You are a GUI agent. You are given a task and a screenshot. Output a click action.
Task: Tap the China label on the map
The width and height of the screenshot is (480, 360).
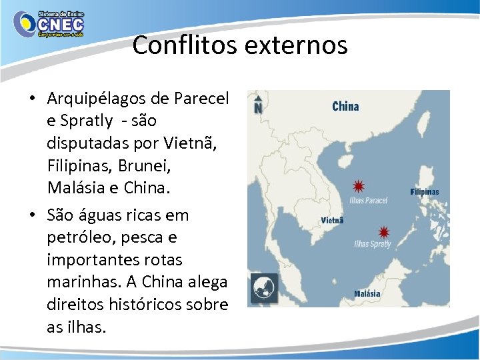345,106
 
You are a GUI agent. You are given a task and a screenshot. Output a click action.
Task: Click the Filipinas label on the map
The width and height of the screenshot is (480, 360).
425,192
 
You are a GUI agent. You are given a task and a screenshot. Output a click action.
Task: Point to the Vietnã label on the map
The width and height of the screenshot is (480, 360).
332,221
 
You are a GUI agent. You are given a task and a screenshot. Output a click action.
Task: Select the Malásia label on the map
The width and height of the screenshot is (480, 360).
367,293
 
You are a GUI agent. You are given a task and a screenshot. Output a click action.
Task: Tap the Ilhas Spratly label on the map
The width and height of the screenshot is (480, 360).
372,245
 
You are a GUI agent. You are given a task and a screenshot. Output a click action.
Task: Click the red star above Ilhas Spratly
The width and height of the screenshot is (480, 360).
383,232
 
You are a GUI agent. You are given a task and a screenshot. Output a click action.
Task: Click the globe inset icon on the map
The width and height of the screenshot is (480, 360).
263,288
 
